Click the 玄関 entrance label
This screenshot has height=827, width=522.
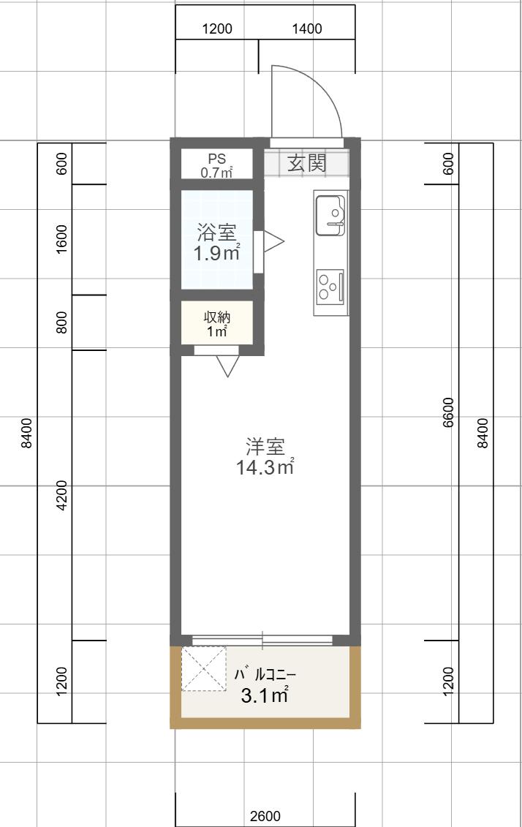pyautogui.click(x=306, y=163)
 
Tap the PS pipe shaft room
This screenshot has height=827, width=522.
pyautogui.click(x=216, y=165)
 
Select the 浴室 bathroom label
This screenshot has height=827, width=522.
pyautogui.click(x=216, y=233)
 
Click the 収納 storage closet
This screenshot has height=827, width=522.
pyautogui.click(x=217, y=324)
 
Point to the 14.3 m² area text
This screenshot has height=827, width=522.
pyautogui.click(x=265, y=467)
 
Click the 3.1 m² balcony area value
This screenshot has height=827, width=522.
pyautogui.click(x=265, y=695)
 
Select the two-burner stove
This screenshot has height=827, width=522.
pyautogui.click(x=330, y=285)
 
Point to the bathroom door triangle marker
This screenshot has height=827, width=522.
pyautogui.click(x=272, y=242)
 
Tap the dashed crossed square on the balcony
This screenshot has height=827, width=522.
pyautogui.click(x=203, y=668)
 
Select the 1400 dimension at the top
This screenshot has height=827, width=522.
pyautogui.click(x=307, y=29)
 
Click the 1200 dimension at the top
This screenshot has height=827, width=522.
pyautogui.click(x=216, y=29)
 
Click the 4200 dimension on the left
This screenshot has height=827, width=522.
pyautogui.click(x=61, y=495)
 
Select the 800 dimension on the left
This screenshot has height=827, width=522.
pyautogui.click(x=61, y=322)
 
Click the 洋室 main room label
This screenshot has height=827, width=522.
pyautogui.click(x=265, y=446)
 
